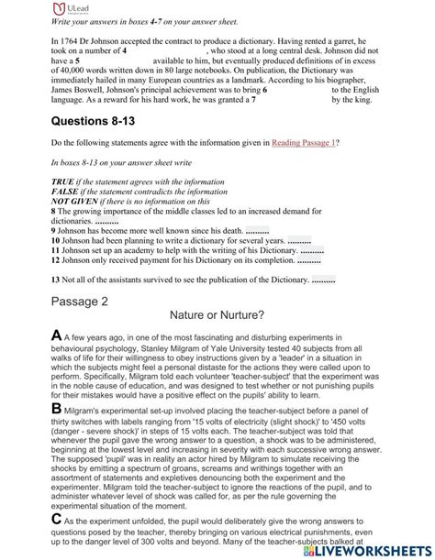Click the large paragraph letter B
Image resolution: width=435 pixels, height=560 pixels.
tap(32, 407)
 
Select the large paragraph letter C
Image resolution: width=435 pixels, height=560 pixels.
tap(32, 516)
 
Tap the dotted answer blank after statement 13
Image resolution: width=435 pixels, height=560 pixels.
tap(323, 279)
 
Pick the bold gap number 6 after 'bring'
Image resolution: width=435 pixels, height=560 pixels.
tap(266, 92)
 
